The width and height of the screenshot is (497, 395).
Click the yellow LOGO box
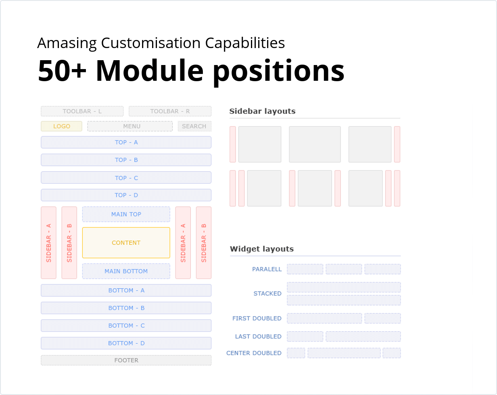tap(61, 126)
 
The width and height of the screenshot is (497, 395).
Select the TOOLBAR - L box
tap(82, 111)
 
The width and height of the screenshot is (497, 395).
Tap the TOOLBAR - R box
tap(170, 111)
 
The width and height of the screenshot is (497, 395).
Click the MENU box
tap(130, 126)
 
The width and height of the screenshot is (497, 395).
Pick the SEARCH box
tap(194, 126)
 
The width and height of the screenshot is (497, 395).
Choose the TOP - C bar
tap(126, 178)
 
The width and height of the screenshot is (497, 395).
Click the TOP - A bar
tap(126, 142)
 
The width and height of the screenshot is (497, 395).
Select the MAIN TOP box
tap(126, 214)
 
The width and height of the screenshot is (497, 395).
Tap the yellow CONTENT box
tap(126, 243)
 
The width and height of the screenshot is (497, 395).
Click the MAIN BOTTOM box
tap(126, 271)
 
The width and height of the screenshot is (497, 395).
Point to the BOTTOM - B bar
tap(126, 308)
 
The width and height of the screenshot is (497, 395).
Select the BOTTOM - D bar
tap(126, 343)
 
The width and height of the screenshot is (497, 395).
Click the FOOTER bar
tap(126, 360)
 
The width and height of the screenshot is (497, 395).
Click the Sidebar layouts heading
tap(262, 111)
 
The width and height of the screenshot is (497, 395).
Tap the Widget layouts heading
tap(262, 249)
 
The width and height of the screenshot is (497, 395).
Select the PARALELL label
tap(267, 269)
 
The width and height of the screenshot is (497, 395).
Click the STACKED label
tap(267, 294)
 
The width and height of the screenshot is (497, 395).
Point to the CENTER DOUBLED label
tap(254, 353)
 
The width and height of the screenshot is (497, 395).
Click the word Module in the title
tap(149, 71)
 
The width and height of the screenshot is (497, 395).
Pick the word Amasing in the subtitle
tap(67, 43)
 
